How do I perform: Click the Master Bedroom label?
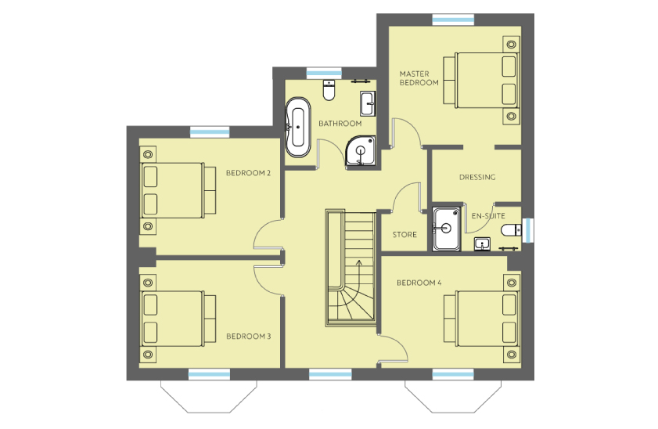(419, 78)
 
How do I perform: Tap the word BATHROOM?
(340, 124)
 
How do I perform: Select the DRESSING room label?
(477, 177)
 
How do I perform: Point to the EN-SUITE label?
(488, 216)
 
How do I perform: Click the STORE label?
(405, 235)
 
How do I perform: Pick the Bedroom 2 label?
(248, 173)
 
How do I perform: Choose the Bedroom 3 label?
(249, 336)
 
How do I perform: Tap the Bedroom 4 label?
(419, 283)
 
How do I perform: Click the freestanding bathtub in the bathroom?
(298, 128)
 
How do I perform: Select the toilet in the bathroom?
(329, 90)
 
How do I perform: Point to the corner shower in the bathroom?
(360, 150)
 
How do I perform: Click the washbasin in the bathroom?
(368, 103)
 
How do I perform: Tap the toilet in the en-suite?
(512, 230)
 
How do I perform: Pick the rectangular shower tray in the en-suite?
(447, 229)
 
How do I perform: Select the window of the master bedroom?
(453, 20)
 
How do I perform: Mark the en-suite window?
(528, 230)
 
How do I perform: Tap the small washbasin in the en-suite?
(482, 244)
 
